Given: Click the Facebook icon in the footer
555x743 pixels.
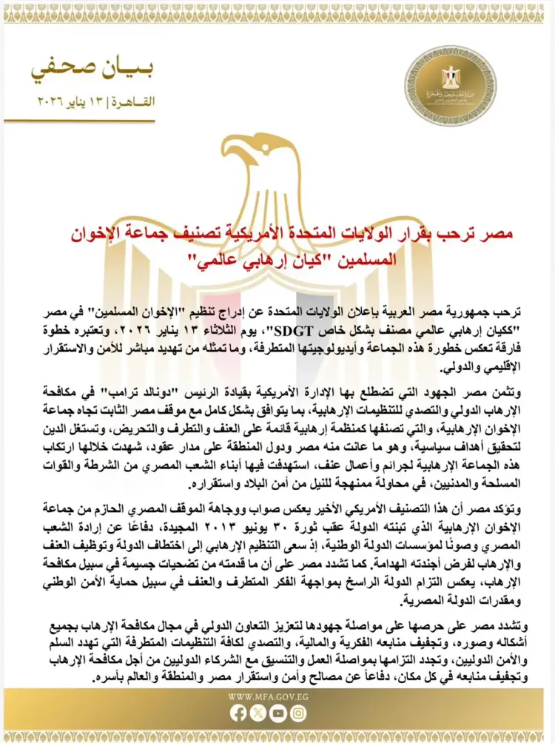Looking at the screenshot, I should [x=238, y=713].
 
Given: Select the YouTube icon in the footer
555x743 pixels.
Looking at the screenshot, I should [x=278, y=713].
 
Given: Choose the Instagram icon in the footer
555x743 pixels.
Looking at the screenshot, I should [x=298, y=713].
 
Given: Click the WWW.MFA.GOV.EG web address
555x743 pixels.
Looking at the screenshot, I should [x=268, y=696].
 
